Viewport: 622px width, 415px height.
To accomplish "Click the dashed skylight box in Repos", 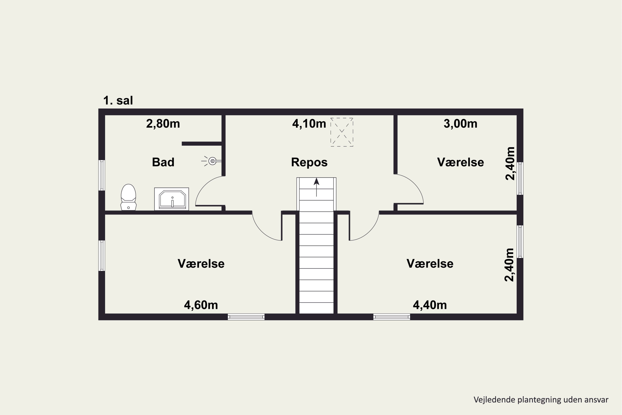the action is pos(342,132).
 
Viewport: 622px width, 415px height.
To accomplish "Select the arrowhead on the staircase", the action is pos(316,182).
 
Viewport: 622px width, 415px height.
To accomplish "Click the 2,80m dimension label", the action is pos(163,124).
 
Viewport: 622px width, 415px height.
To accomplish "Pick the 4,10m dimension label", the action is pos(309,124).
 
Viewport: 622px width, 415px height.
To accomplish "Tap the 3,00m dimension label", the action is pos(460,124).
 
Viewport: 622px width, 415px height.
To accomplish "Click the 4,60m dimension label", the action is pos(201,305).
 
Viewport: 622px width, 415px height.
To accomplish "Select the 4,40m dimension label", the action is pos(430,305).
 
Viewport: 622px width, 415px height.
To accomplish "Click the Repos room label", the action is pos(309,162).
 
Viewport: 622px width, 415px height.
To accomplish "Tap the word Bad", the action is pos(163,162).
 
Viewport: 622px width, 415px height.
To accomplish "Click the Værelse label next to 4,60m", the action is pos(201,264).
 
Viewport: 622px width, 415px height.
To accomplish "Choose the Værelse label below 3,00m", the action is pos(460,162).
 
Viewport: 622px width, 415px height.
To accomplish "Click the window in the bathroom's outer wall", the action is pos(102,175).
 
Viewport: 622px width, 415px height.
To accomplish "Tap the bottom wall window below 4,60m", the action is pos(246,317).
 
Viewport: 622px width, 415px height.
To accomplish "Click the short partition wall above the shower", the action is pos(202,144).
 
